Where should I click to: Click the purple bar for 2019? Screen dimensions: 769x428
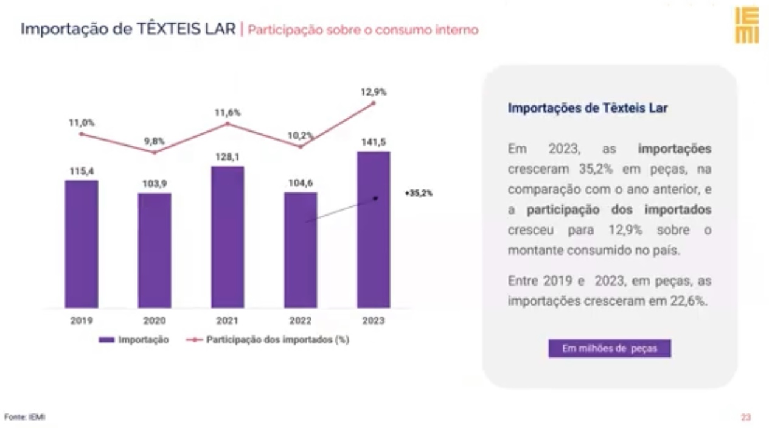pos(82,244)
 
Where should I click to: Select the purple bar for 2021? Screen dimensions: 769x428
pos(228,237)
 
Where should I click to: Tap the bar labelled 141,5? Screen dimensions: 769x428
pos(374,230)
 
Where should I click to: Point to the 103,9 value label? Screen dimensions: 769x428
pos(155,184)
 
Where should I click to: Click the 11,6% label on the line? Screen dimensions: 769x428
pos(228,113)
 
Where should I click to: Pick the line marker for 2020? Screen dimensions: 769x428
pos(155,152)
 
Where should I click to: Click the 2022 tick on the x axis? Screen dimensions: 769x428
pos(301,320)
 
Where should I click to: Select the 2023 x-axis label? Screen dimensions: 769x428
pos(374,320)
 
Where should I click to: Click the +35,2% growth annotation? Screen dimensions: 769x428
pos(419,193)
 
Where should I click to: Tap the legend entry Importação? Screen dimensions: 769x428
pos(134,340)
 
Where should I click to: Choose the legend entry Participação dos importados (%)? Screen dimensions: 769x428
pos(268,340)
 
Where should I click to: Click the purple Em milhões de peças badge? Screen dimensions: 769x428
pos(610,348)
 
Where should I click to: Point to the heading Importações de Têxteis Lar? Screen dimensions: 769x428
pos(588,108)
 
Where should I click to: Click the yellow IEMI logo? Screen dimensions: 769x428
pos(746,26)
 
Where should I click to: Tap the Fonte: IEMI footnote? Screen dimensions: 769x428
pos(25,417)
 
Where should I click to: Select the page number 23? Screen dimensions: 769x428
pos(746,417)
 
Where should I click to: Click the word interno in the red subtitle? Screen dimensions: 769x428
pos(457,30)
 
